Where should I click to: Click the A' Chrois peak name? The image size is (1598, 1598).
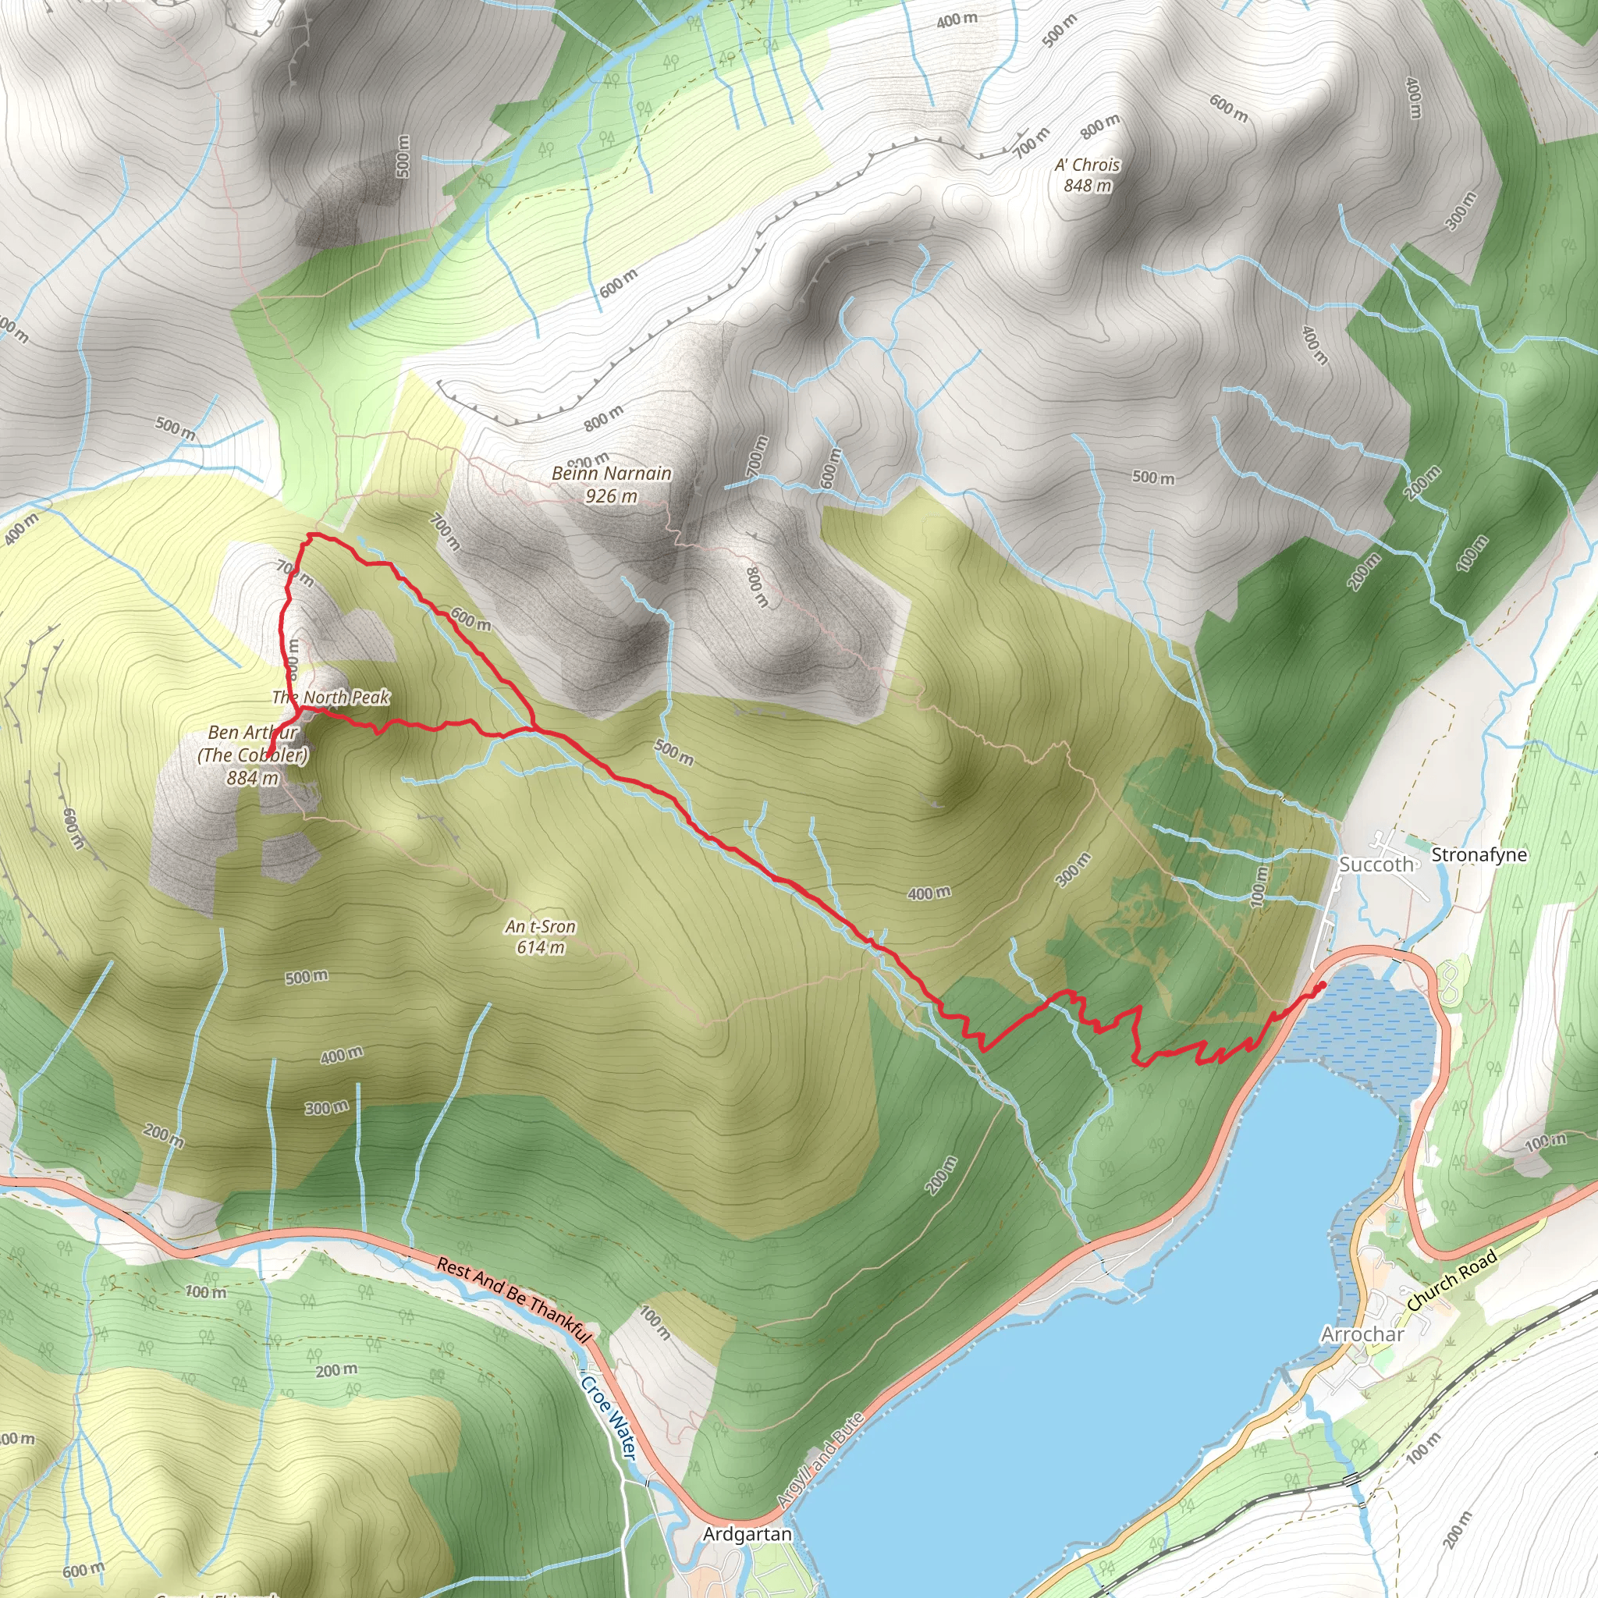point(1087,165)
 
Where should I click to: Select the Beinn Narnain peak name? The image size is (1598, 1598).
point(611,473)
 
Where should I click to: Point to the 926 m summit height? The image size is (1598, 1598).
point(611,495)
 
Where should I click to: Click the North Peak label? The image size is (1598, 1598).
point(331,698)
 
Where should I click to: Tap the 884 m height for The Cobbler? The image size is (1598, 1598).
point(252,777)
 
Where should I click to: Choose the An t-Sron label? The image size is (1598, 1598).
point(540,926)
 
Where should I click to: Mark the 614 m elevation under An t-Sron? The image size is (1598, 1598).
point(540,948)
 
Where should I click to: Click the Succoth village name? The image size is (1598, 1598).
point(1376,865)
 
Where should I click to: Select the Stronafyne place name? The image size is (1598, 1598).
point(1479,854)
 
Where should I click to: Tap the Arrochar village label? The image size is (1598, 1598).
point(1362,1334)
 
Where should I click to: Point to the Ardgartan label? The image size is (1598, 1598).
point(747,1534)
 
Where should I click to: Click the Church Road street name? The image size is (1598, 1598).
point(1451,1280)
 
